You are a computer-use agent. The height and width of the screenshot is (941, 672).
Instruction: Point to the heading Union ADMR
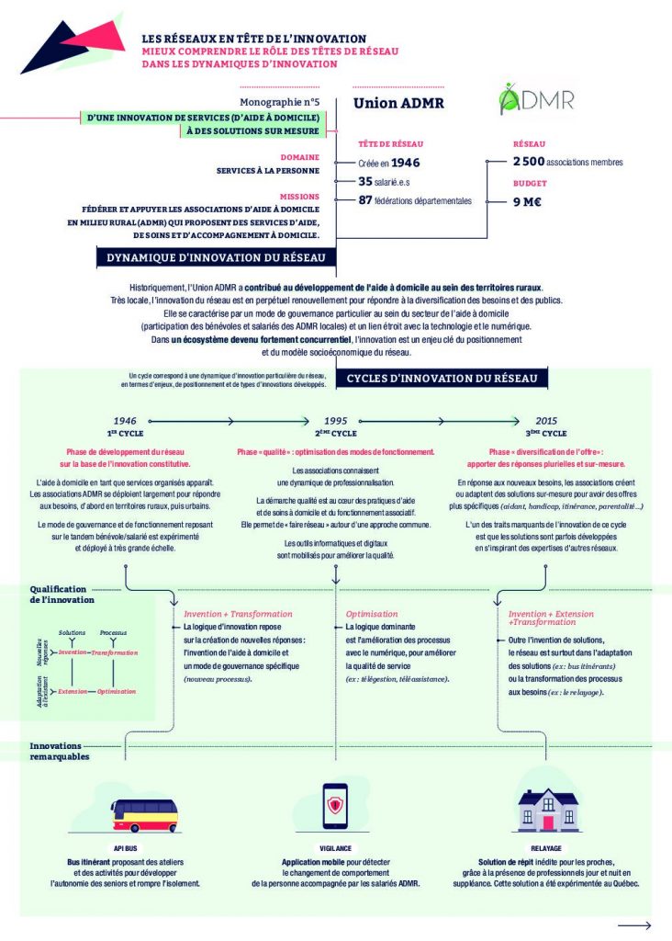(x=398, y=103)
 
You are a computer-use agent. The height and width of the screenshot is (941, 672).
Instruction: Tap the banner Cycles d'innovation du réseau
(x=447, y=379)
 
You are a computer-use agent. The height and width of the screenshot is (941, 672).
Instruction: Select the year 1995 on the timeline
(x=335, y=420)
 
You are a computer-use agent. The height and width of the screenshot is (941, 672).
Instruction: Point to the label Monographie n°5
(x=279, y=103)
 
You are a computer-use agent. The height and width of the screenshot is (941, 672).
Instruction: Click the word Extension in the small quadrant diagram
(x=73, y=691)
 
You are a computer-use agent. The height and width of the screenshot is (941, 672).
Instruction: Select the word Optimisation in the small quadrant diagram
(x=117, y=691)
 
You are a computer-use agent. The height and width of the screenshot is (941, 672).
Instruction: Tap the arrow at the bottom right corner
(x=633, y=925)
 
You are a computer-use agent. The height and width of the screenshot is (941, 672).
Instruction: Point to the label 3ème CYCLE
(x=546, y=433)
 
